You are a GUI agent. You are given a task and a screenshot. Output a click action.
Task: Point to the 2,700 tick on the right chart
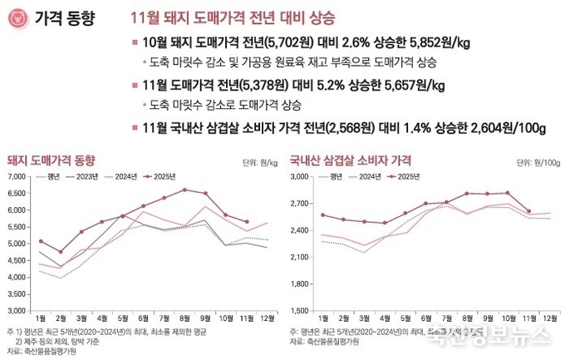tap(299, 204)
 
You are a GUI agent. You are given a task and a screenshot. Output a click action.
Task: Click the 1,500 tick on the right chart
tap(299, 310)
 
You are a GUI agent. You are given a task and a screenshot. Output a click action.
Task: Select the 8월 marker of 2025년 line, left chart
tap(184, 190)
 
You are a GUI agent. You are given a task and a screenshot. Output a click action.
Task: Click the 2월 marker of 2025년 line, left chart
tap(61, 251)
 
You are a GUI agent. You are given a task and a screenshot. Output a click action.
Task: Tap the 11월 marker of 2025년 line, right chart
tap(528, 211)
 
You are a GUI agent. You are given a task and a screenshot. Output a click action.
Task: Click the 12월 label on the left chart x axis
tap(268, 318)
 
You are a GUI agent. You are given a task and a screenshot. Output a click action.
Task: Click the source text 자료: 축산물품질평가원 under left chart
tap(47, 351)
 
